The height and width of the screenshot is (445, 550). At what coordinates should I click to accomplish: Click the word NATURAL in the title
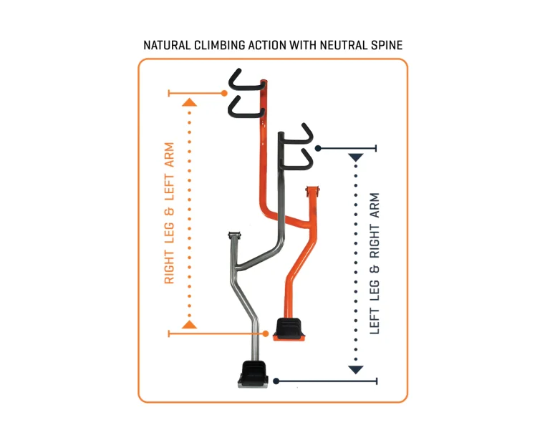[167, 45]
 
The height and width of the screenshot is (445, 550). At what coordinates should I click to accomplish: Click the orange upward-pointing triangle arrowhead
[189, 102]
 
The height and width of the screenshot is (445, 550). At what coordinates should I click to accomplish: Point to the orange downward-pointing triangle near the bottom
[189, 325]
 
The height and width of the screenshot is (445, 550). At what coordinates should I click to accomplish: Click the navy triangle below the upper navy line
[356, 157]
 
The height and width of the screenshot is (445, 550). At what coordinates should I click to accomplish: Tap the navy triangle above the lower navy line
[356, 370]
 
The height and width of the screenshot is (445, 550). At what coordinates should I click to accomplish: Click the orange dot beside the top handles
[224, 93]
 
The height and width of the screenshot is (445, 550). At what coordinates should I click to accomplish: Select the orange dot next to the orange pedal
[266, 333]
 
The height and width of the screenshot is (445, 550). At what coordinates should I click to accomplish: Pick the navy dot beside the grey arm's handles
[318, 149]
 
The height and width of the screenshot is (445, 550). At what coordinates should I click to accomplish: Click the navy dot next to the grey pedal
[276, 381]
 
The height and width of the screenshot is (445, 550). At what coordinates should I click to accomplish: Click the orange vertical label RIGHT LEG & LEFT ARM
[169, 213]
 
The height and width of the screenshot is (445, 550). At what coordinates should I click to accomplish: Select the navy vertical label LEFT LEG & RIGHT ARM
[375, 263]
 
